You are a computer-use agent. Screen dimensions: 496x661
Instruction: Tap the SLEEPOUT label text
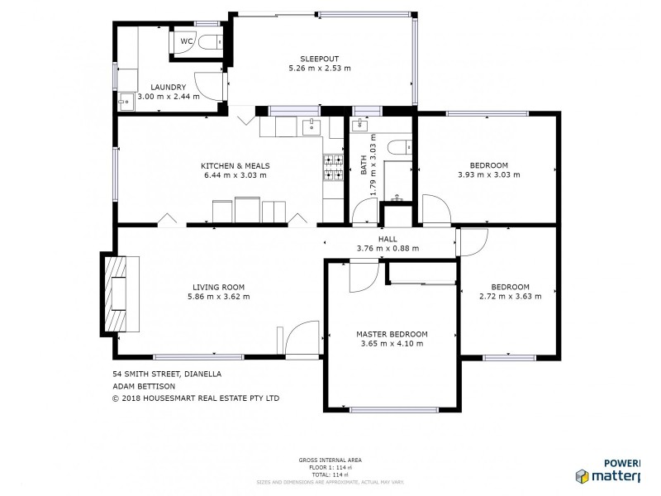pos(319,59)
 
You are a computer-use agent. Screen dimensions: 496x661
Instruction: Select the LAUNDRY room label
pos(168,87)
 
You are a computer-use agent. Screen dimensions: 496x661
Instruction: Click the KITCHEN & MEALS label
pos(235,165)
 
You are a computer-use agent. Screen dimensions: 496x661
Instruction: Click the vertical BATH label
pos(364,165)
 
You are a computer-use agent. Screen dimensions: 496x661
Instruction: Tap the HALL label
pos(388,238)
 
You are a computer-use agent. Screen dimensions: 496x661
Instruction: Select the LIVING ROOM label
pos(217,287)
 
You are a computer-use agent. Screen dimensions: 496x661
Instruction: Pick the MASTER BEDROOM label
pos(392,334)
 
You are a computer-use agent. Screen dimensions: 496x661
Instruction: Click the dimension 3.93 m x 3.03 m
pos(488,174)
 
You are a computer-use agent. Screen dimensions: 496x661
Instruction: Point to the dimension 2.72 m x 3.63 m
pos(510,296)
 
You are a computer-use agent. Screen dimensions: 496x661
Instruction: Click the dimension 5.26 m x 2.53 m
pos(319,68)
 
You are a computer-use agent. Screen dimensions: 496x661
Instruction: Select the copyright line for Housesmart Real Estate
pos(196,398)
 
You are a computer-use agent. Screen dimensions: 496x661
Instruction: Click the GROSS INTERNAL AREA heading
pos(330,460)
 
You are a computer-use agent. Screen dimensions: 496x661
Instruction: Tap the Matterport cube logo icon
pos(583,476)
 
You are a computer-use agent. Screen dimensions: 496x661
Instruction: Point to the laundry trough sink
pos(126,103)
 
